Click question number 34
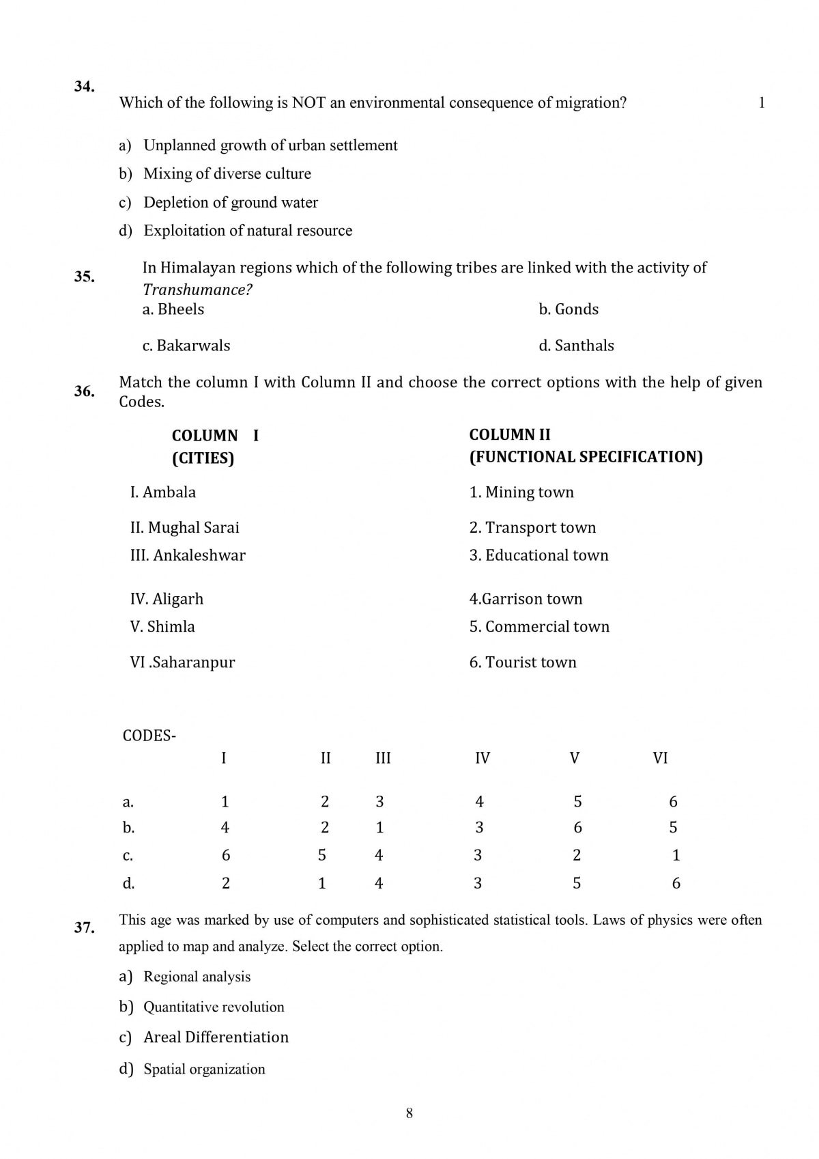click(84, 87)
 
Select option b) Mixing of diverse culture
click(227, 174)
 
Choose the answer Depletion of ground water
click(230, 203)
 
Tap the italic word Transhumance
click(197, 290)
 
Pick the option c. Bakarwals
click(186, 346)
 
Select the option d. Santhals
click(576, 346)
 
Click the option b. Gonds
click(568, 309)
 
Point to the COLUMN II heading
click(509, 435)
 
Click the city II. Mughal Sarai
click(184, 527)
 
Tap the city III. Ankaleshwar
click(188, 555)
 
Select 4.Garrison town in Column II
click(526, 599)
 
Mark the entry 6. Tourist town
click(522, 662)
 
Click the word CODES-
click(149, 736)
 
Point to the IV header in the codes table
click(482, 758)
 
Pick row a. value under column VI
click(673, 802)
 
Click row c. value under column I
click(226, 855)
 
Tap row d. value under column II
click(322, 883)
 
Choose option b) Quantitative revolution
click(214, 1007)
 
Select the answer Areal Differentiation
click(216, 1037)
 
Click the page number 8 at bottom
click(409, 1113)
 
